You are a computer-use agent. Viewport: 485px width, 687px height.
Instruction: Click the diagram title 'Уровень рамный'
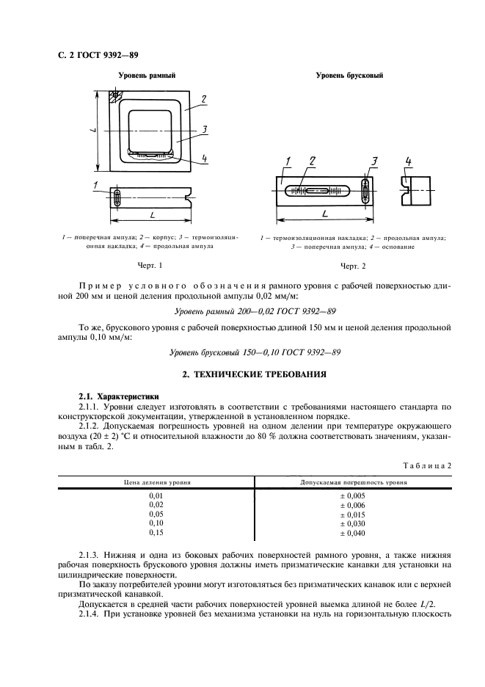[x=147, y=75]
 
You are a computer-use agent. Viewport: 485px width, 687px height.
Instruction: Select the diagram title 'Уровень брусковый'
[x=349, y=75]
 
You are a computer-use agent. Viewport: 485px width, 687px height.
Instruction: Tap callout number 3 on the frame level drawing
[x=205, y=129]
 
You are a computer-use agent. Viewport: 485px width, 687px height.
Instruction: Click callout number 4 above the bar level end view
[x=409, y=161]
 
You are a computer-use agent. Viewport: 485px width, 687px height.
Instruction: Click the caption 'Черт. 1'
[x=150, y=264]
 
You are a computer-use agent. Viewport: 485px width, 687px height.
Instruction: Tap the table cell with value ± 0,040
[x=351, y=533]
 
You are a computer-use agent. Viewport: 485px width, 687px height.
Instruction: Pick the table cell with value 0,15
[x=156, y=533]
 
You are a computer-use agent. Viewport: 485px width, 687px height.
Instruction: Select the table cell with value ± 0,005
[x=351, y=495]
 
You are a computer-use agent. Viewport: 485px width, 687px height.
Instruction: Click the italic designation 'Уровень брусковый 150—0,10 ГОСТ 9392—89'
[x=255, y=352]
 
